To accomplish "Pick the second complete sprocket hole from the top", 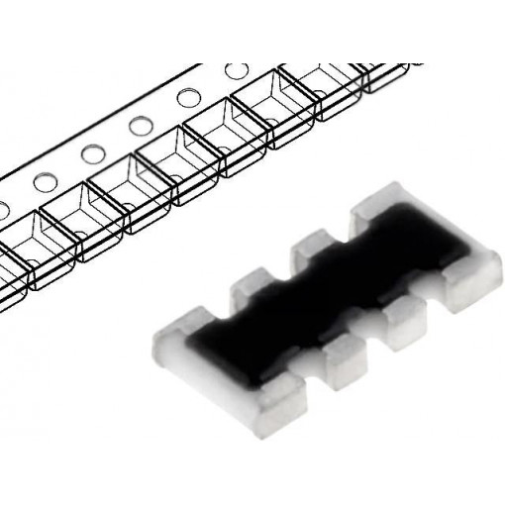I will pos(186,98).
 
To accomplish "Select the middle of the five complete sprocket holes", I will pos(139,125).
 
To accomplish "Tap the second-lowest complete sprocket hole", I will pos(92,152).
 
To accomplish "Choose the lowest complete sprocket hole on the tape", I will pos(45,181).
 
